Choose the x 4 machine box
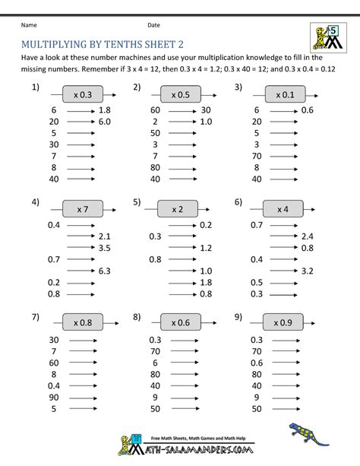coord(283,209)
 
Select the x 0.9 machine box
coord(283,322)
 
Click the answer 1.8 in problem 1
coord(105,110)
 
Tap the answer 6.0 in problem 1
coord(105,122)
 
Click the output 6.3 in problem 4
coord(105,271)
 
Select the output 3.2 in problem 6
coord(308,271)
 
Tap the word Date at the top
coord(153,25)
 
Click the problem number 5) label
coord(137,202)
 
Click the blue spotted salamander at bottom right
coord(311,436)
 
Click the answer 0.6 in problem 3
coord(308,110)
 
